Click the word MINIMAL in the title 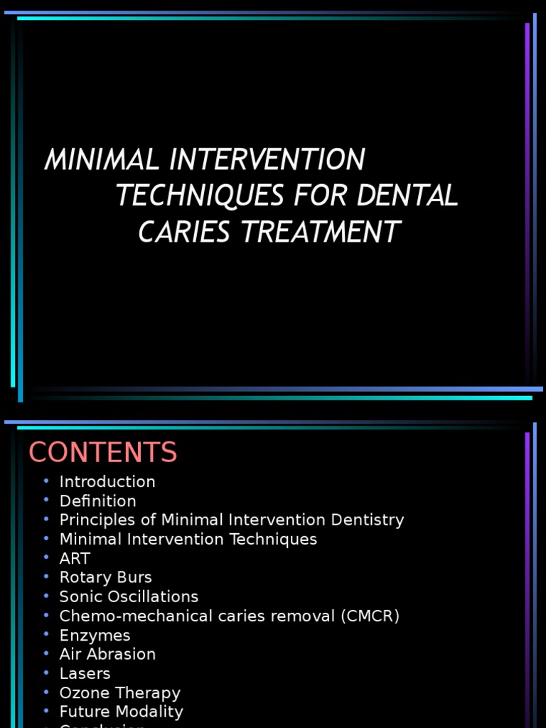point(102,160)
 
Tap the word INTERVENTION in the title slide point(267,160)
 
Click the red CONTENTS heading point(102,453)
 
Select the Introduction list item point(107,481)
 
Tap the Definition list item point(97,501)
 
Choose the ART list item point(75,558)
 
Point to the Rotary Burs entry point(105,577)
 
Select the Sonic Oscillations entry point(129,596)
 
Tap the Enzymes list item point(95,635)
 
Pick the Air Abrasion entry point(107,654)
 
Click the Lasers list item point(85,673)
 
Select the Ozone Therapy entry point(119,692)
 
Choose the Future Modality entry point(121,712)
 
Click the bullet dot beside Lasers point(46,673)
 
